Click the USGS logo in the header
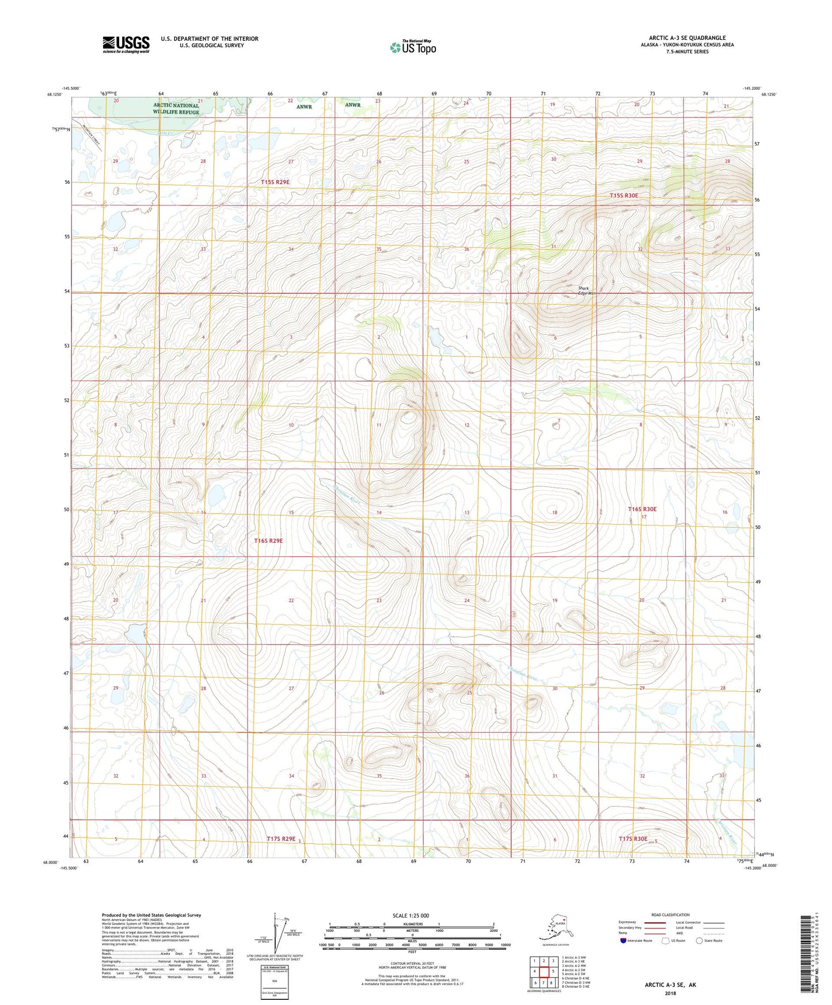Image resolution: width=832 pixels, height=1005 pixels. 126,44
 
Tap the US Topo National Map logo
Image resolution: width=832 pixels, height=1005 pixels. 413,47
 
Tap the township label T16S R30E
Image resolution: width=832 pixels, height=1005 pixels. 641,509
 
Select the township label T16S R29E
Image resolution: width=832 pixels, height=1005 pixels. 268,540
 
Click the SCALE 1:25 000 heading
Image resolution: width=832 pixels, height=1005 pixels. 411,915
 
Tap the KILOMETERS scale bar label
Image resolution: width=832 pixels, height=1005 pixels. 412,924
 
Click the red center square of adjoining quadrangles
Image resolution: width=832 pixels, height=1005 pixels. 544,971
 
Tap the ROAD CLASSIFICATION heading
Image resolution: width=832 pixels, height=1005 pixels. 670,915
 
